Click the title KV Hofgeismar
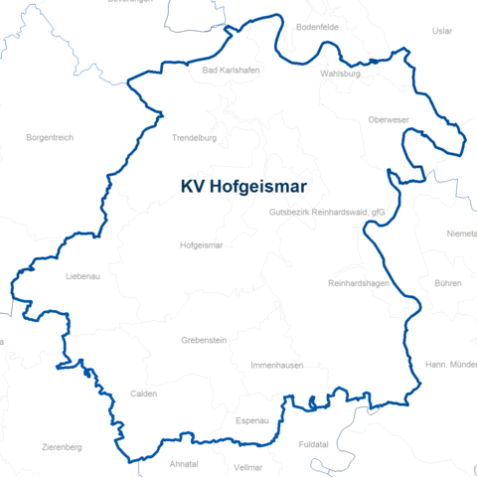coord(243,186)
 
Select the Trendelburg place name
coord(194,138)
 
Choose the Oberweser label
coord(389,120)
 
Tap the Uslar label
coord(442,31)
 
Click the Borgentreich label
coord(50,137)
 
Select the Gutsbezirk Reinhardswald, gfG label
coord(327,213)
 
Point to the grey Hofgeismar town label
coord(202,244)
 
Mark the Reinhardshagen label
coord(358,284)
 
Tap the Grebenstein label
coord(204,340)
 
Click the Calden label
coord(144,394)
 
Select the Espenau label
coord(252,420)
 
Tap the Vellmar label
coord(247,466)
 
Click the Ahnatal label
coord(184,464)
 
